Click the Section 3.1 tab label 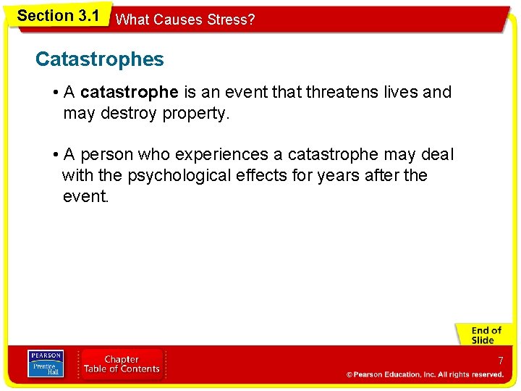[58, 15]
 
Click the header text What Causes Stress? [185, 20]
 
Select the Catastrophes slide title [100, 59]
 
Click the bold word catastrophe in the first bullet [130, 92]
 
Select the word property [198, 113]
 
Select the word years [341, 175]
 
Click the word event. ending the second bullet [85, 195]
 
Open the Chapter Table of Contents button [122, 364]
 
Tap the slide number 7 [500, 361]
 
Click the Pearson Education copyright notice [425, 374]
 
